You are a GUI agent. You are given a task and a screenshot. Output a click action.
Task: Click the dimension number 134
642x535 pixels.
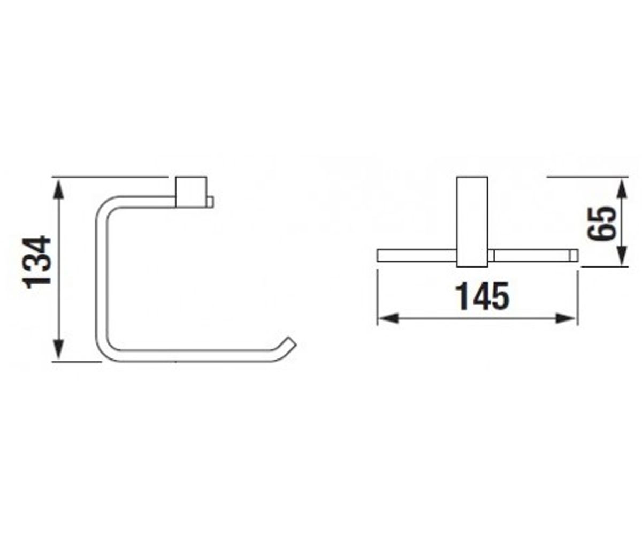[x=38, y=262]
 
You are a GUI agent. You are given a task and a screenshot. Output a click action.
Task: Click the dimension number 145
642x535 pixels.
[x=482, y=297]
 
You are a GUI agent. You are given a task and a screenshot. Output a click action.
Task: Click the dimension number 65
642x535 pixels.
[x=601, y=223]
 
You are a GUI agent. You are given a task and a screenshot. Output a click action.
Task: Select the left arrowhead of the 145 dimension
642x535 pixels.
[x=388, y=318]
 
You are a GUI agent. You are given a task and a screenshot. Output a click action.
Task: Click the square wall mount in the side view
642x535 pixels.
[x=191, y=192]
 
